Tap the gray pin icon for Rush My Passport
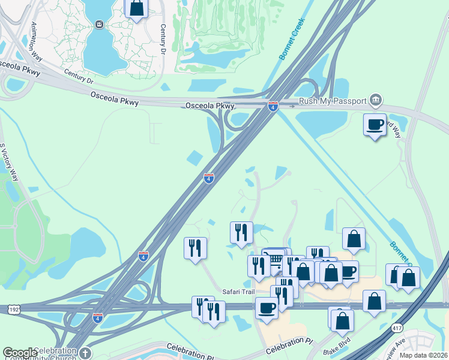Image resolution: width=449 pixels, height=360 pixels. click(376, 99)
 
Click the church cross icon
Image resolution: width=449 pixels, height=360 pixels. click(85, 353)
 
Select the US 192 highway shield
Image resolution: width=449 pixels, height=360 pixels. click(14, 309)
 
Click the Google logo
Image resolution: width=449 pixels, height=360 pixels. click(19, 353)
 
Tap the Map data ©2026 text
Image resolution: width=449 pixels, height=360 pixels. click(424, 355)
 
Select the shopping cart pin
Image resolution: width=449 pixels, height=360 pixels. click(274, 259)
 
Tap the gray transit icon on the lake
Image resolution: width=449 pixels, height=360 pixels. click(99, 24)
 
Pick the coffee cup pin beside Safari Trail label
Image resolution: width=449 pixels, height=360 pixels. click(267, 307)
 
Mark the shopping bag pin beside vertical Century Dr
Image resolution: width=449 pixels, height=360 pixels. click(136, 8)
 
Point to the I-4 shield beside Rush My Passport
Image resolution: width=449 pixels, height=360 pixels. click(273, 107)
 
